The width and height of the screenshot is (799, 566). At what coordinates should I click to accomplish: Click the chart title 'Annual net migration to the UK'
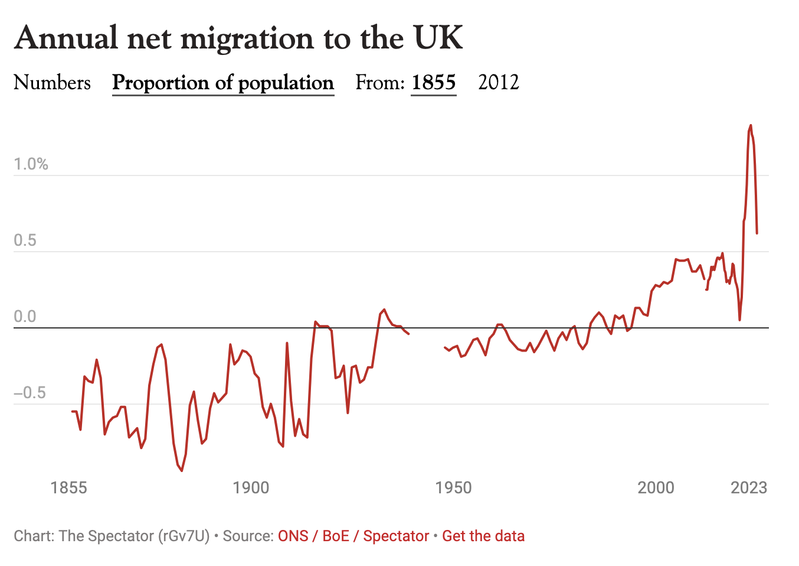[238, 38]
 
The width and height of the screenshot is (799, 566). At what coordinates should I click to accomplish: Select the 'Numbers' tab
[52, 83]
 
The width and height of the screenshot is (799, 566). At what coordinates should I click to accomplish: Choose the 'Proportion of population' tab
[223, 83]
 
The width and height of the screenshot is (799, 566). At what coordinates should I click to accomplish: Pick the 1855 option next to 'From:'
[434, 83]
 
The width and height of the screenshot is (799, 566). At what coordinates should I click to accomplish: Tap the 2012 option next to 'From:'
[499, 83]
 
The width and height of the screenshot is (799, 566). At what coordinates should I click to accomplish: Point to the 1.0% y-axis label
[31, 164]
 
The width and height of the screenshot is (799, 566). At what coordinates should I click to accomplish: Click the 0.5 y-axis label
[25, 240]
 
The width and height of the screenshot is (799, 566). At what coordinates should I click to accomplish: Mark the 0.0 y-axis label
[25, 317]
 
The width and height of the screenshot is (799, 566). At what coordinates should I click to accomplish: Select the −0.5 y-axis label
[30, 393]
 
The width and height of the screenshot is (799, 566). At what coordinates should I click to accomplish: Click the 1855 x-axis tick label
[68, 487]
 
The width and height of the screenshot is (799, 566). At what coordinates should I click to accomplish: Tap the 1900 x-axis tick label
[251, 487]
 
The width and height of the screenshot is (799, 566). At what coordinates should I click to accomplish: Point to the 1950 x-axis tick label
[453, 487]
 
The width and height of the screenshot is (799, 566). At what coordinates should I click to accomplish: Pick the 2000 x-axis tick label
[656, 487]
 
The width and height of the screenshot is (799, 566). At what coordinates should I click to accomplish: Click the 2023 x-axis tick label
[749, 487]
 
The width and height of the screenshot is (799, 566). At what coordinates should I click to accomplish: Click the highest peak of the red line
[751, 125]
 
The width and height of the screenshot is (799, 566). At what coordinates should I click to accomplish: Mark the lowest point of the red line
[182, 471]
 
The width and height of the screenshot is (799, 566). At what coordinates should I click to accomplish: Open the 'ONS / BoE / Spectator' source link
[353, 536]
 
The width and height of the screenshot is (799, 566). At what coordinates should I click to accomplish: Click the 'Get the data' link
[483, 536]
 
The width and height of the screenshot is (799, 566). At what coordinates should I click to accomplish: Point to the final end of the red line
[757, 233]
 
